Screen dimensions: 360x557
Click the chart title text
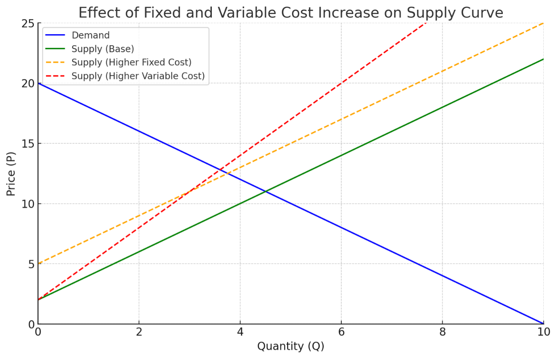tap(291, 13)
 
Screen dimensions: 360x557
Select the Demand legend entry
tap(90, 35)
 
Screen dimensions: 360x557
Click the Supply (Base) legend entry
tap(102, 49)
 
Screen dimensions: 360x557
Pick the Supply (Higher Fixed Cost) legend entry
tap(131, 62)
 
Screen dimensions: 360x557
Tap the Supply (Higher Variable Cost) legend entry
tap(138, 76)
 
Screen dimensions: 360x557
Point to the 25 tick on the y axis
tap(28, 24)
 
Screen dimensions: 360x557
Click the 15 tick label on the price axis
tap(28, 144)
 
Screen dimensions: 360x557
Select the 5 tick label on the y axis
tap(31, 264)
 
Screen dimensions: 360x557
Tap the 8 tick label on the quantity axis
tap(442, 332)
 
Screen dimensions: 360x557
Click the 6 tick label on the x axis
tap(341, 332)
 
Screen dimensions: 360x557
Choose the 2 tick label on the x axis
tap(139, 332)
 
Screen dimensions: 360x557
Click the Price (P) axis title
tap(11, 174)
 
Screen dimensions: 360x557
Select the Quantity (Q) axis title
tap(291, 346)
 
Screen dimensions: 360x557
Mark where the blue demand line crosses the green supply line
tap(265, 191)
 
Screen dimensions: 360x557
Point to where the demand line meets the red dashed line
tap(220, 170)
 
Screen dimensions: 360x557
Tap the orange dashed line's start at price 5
tap(38, 264)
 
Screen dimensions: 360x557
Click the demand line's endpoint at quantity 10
tap(543, 324)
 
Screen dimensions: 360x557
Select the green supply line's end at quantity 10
tap(543, 59)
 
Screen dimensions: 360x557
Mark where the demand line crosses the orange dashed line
tap(227, 174)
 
